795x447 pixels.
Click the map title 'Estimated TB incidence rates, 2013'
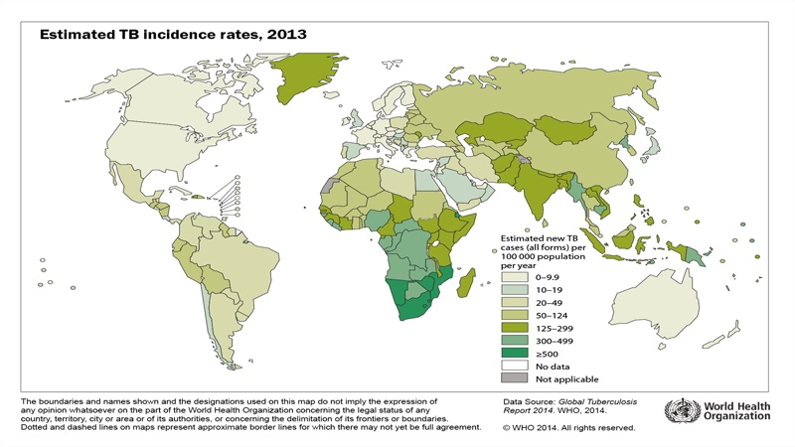point(173,34)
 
